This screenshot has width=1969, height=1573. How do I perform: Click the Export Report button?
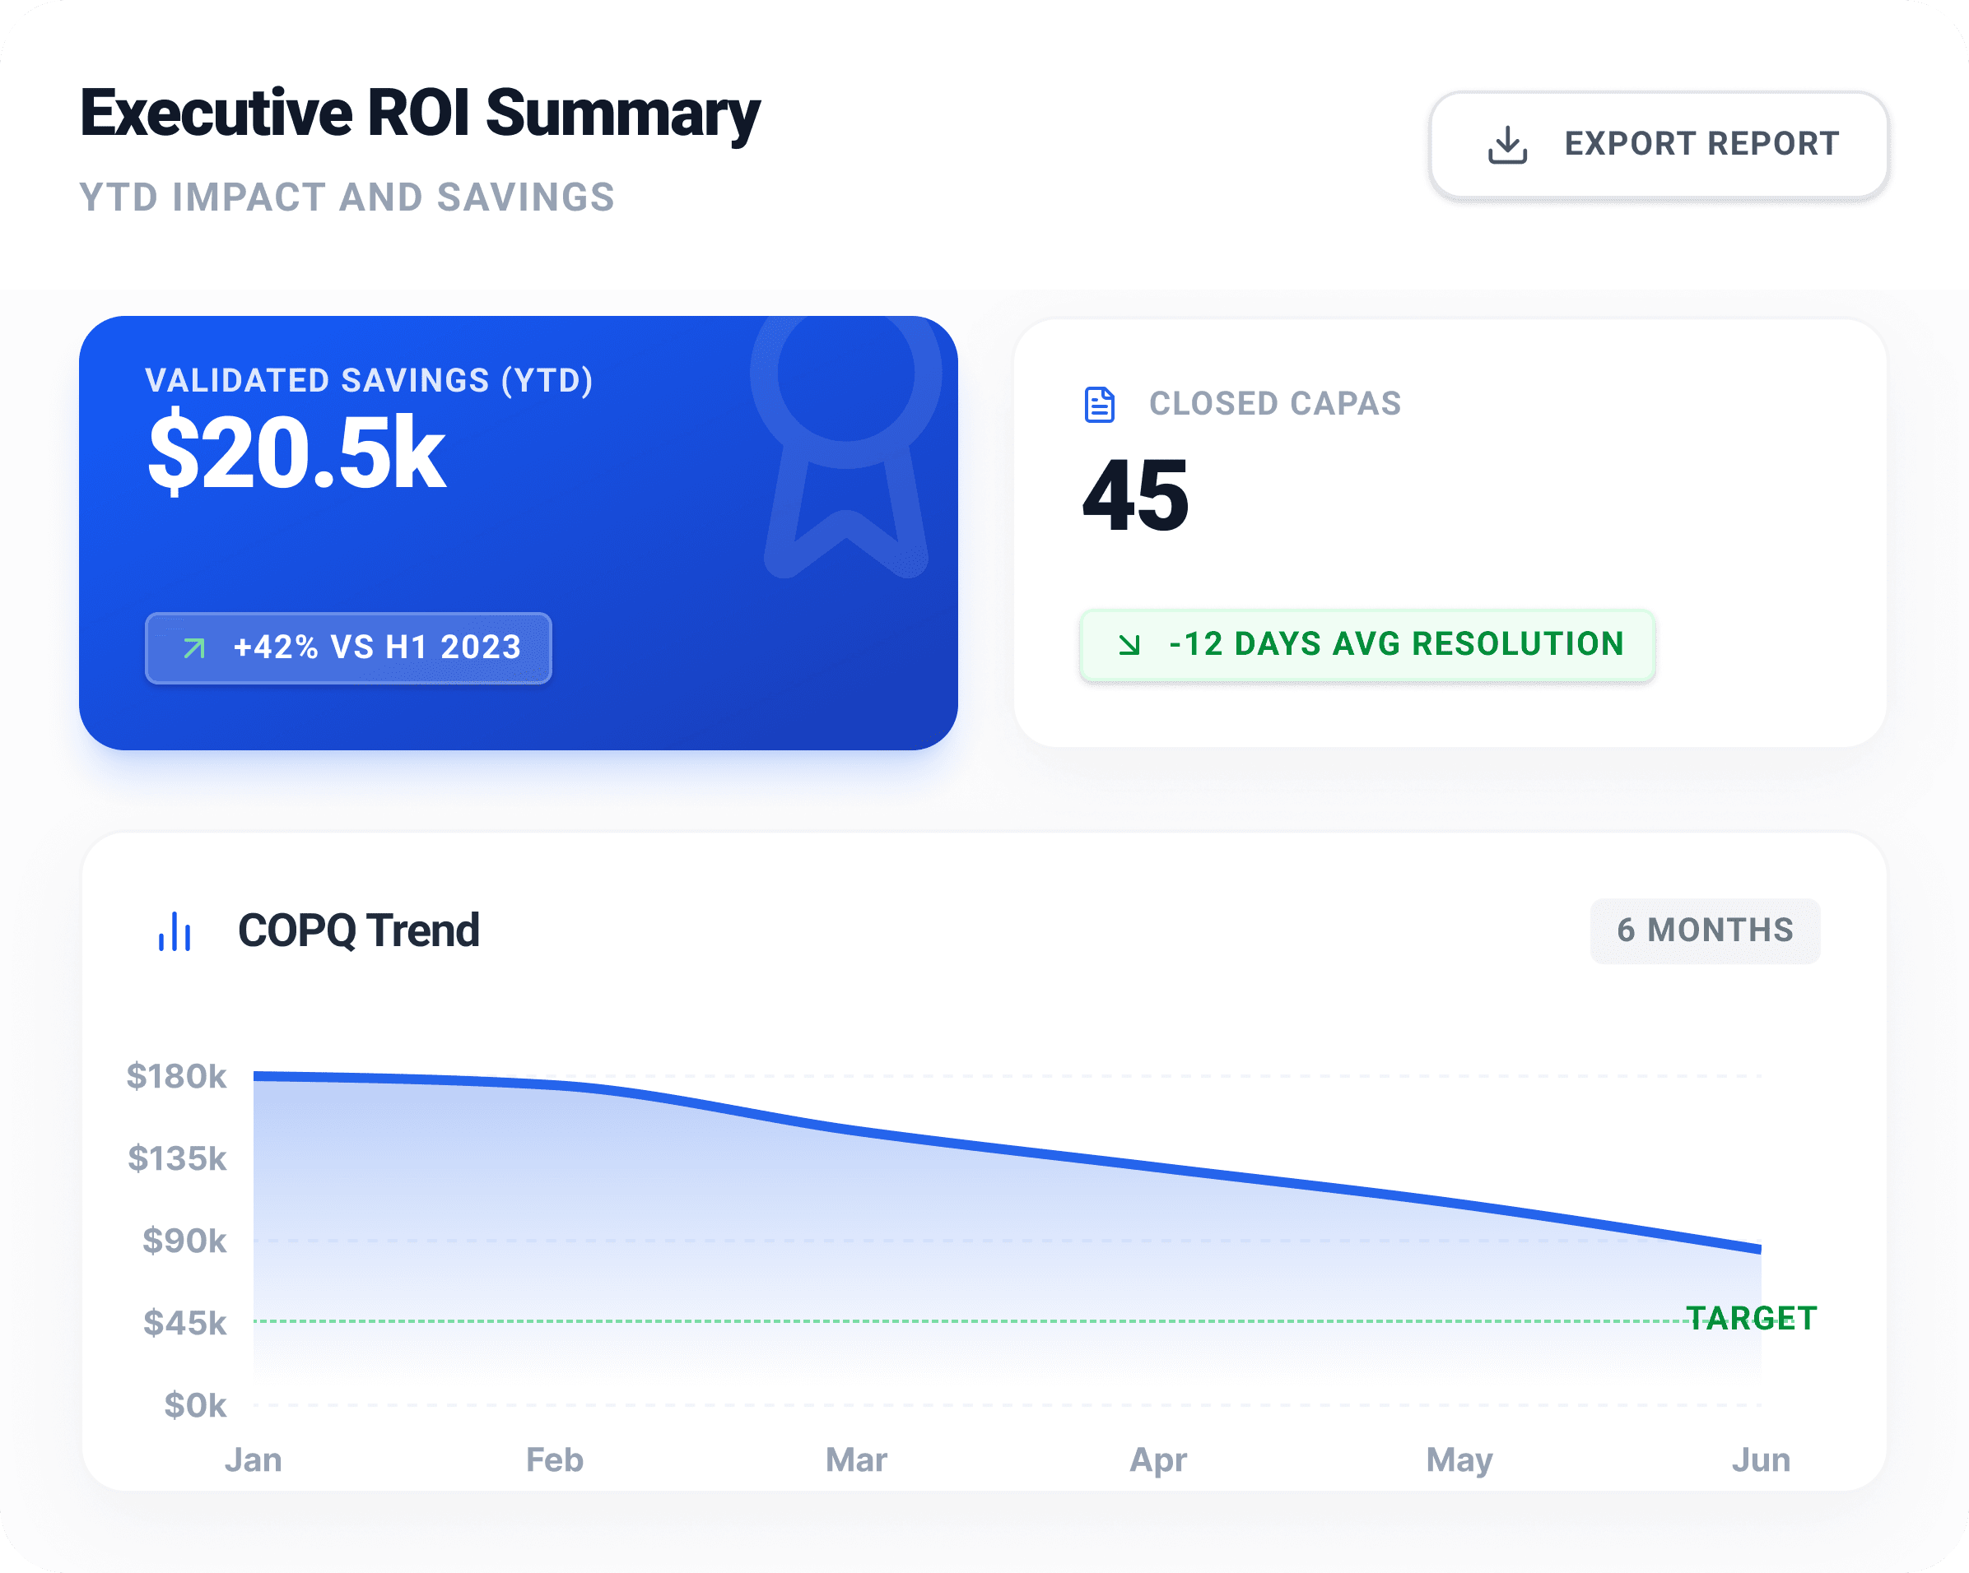(1659, 144)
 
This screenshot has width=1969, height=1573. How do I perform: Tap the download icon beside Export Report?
(1507, 144)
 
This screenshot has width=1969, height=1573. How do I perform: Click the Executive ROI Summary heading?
(420, 114)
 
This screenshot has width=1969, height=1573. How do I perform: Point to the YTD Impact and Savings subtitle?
(347, 197)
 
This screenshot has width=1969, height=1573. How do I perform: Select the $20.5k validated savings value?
(297, 452)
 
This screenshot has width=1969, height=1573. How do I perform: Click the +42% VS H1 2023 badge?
(348, 647)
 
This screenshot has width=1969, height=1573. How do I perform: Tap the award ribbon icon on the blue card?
(845, 448)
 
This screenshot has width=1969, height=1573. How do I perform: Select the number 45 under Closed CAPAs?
(1136, 496)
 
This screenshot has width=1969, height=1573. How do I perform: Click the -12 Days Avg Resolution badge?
(1367, 644)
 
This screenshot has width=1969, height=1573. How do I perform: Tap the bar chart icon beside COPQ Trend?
(175, 931)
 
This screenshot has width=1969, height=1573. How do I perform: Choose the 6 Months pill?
(1705, 930)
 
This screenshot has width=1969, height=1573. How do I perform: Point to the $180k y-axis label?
(176, 1076)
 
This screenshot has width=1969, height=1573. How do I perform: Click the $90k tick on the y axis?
(184, 1241)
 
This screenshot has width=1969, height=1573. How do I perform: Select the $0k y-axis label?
(194, 1405)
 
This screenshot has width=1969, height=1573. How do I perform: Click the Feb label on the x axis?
(554, 1459)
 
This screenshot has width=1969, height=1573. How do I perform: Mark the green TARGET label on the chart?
(1752, 1318)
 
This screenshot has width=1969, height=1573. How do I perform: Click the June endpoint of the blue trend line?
(1760, 1249)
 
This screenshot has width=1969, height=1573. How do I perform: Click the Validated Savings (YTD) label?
(369, 381)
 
